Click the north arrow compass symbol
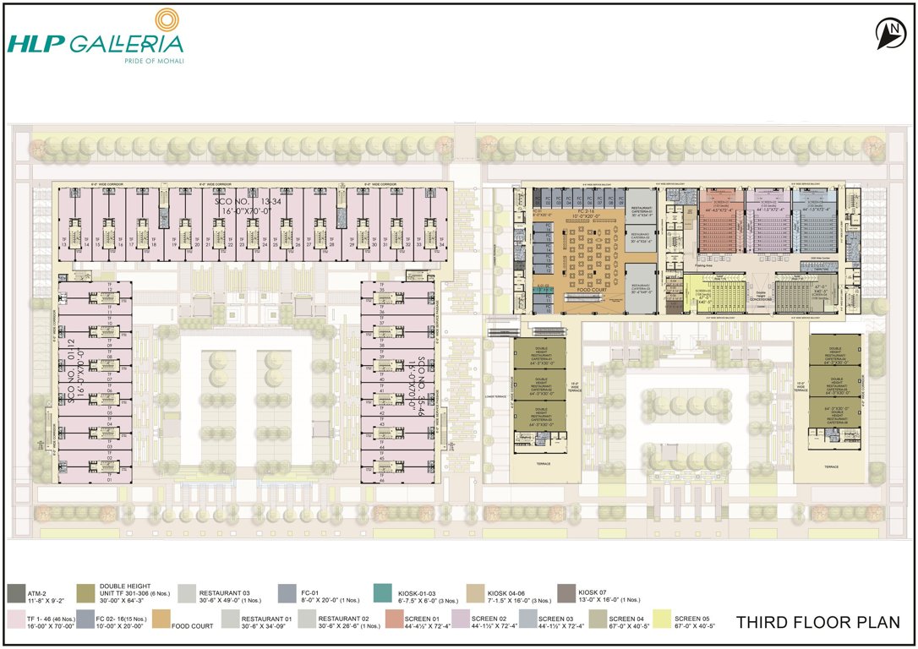pyautogui.click(x=888, y=35)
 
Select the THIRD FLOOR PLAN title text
pyautogui.click(x=817, y=623)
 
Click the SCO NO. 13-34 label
pyautogui.click(x=242, y=208)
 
